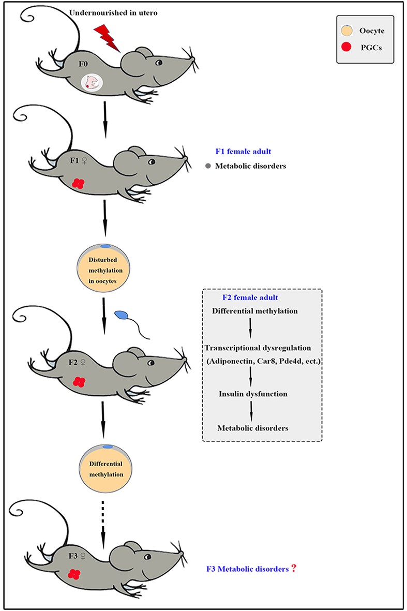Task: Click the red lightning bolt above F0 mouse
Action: click(x=107, y=38)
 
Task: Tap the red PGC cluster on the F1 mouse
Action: click(x=78, y=183)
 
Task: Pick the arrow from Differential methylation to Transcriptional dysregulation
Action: click(x=251, y=327)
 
